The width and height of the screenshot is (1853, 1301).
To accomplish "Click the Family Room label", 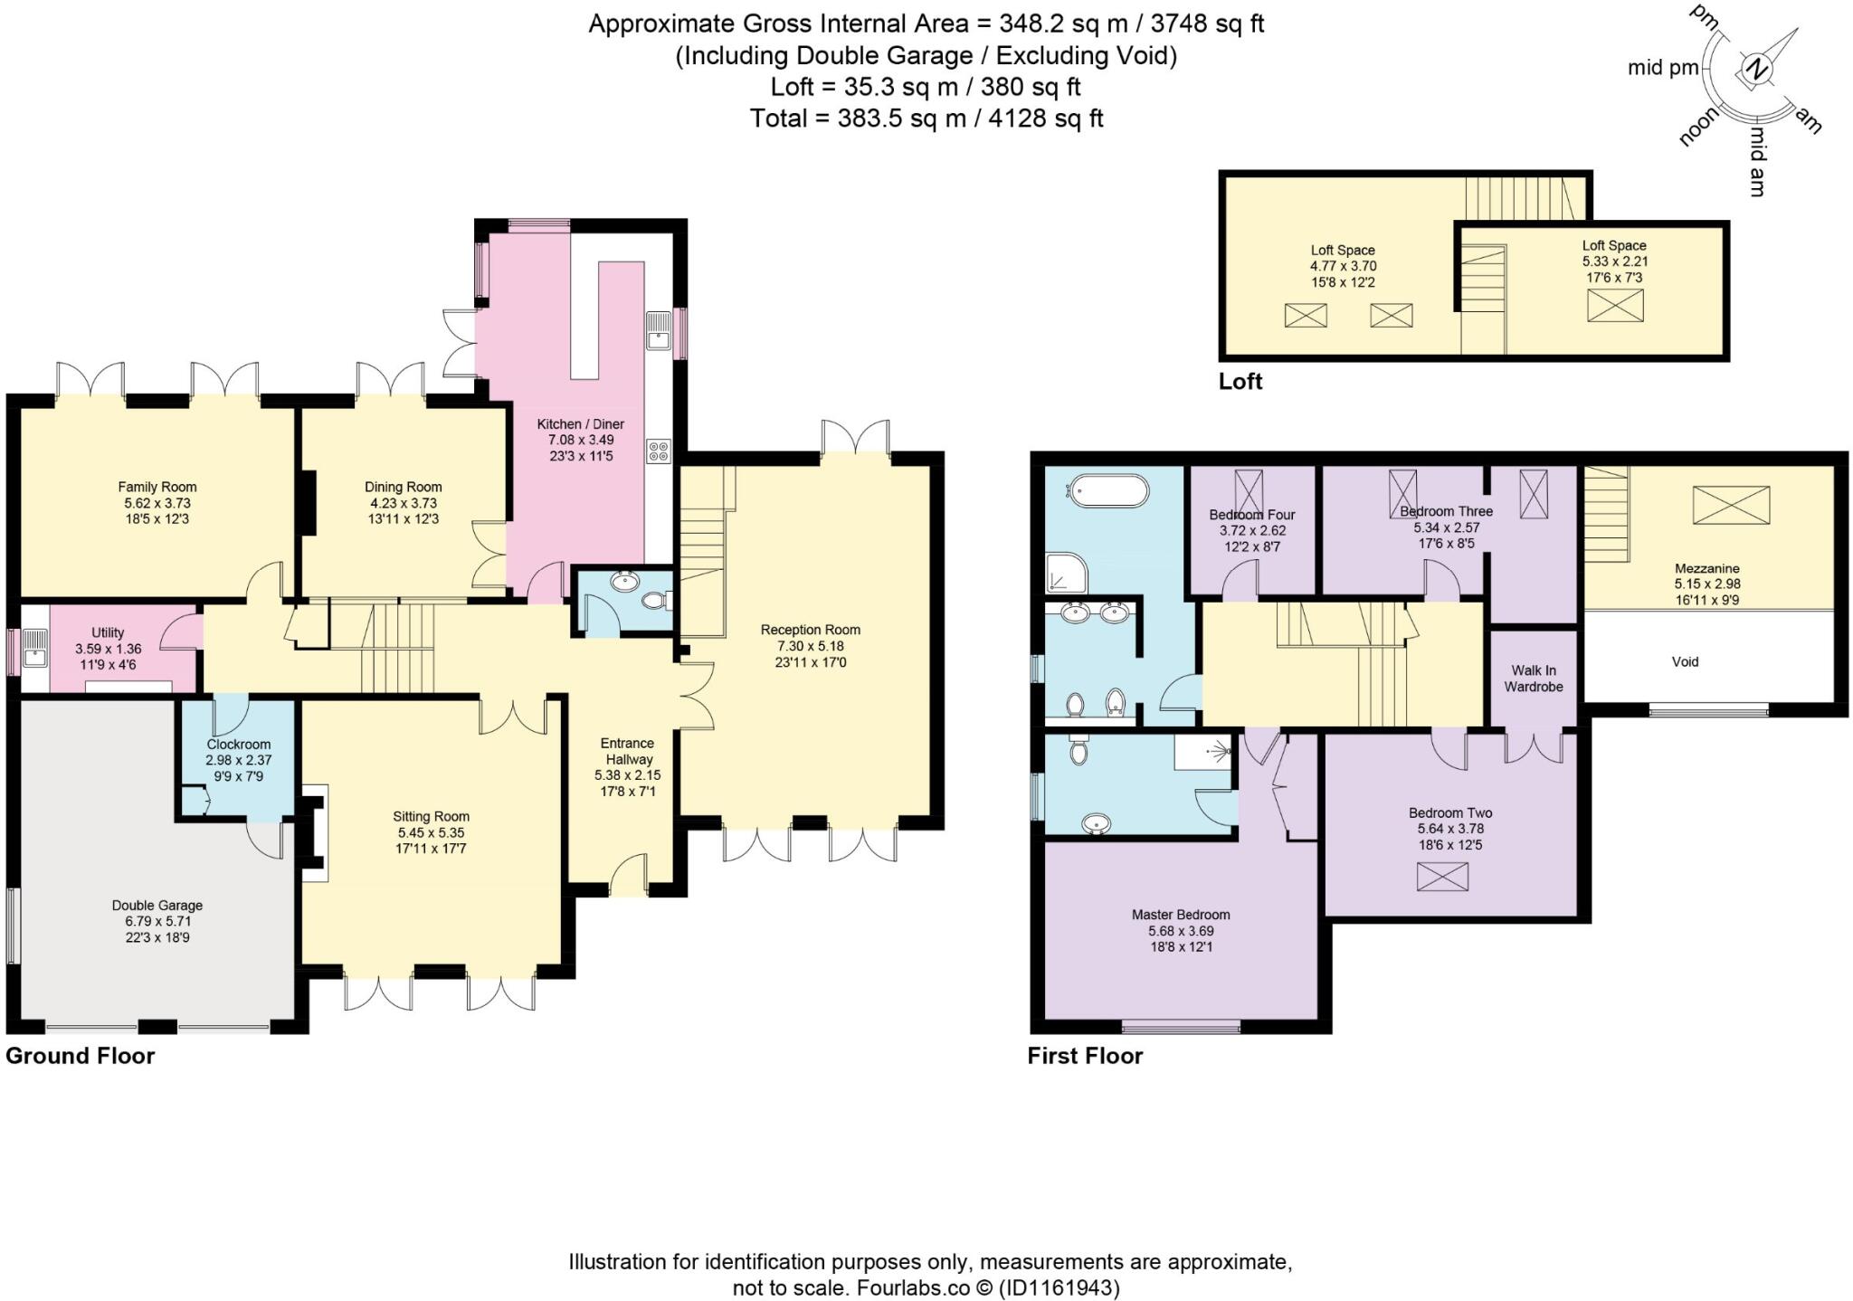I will click(x=157, y=487).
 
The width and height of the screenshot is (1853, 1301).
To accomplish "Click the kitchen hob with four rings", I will click(x=659, y=451).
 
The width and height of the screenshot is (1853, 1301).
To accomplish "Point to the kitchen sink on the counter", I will click(x=658, y=329).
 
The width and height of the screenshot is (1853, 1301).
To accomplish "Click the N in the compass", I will click(x=1756, y=70).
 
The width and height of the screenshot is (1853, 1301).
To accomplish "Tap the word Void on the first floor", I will click(x=1685, y=661).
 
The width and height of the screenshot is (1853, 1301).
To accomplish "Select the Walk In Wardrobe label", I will click(x=1533, y=679).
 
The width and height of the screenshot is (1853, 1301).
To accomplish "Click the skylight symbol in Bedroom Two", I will click(x=1442, y=877).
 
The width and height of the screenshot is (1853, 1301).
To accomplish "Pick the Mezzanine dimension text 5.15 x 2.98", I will click(x=1706, y=584).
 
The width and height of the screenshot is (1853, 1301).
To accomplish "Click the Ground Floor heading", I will click(x=80, y=1056).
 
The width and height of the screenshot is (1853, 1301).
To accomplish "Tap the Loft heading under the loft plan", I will click(x=1240, y=381).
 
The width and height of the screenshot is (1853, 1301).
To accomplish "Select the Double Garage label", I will click(x=157, y=906).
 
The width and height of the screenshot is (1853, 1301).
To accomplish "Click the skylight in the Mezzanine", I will click(x=1731, y=504).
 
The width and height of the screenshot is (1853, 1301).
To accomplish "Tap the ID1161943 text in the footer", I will click(x=1058, y=1287).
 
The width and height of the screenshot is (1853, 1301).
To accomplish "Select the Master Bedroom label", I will click(x=1181, y=915).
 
